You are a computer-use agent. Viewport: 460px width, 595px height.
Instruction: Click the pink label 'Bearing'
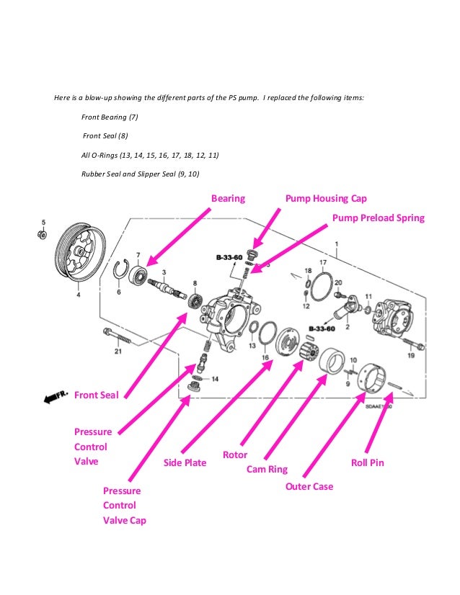(x=228, y=198)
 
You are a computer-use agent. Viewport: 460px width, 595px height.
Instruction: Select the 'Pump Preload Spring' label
(x=378, y=218)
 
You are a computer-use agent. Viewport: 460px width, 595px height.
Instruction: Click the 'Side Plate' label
(x=185, y=462)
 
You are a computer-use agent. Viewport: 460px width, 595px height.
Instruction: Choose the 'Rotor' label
(x=235, y=455)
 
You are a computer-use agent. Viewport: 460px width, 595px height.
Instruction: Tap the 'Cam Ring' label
(x=267, y=469)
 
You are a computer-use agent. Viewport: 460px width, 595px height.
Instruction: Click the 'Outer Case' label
(x=310, y=486)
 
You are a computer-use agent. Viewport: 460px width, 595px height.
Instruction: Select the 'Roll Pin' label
(x=367, y=462)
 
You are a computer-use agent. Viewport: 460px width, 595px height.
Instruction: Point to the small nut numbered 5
(x=43, y=234)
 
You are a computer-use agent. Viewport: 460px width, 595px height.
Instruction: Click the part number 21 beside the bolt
(x=118, y=352)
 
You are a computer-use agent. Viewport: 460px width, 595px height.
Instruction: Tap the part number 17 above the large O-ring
(x=323, y=262)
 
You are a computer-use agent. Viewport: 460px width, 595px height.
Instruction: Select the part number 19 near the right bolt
(x=412, y=356)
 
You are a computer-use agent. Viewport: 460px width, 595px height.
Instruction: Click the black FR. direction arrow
(x=54, y=397)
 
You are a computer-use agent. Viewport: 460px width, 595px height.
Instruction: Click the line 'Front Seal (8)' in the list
(x=105, y=135)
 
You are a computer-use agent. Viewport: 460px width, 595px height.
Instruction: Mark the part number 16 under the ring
(x=265, y=357)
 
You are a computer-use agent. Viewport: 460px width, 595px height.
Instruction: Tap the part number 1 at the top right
(x=336, y=245)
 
